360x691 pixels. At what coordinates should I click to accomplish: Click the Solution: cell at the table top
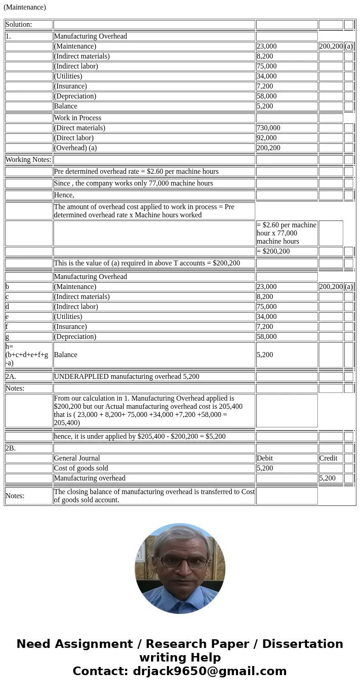click(19, 25)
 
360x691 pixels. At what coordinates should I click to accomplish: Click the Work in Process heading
click(78, 118)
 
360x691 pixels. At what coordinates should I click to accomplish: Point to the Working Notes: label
click(28, 160)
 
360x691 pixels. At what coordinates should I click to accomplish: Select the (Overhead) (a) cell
click(75, 148)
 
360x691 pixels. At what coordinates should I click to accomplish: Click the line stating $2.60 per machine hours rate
click(136, 172)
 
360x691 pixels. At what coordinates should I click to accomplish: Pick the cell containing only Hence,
click(64, 195)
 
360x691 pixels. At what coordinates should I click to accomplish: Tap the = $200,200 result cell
click(273, 251)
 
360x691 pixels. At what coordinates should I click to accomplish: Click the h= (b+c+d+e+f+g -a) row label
click(27, 355)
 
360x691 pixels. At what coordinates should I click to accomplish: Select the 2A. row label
click(11, 377)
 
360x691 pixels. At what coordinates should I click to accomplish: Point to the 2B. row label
click(10, 448)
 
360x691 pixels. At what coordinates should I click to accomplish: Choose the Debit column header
click(265, 458)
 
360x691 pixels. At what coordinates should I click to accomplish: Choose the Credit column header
click(328, 458)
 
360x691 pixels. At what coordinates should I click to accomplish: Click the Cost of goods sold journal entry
click(81, 468)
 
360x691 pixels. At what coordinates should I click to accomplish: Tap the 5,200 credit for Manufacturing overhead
click(327, 478)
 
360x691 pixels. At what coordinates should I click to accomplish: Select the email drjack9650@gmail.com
click(209, 671)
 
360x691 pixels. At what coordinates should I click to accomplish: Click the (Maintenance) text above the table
click(24, 7)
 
